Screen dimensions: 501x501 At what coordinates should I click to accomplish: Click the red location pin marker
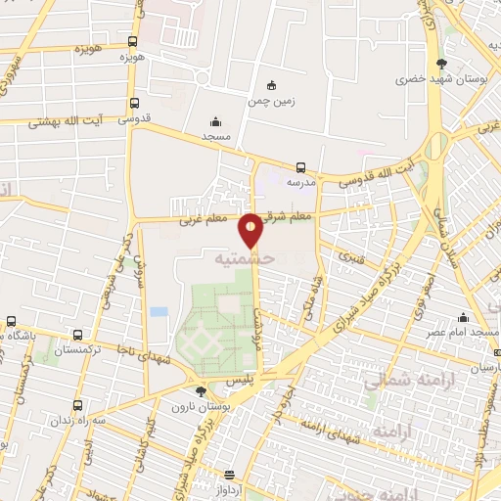[251, 229]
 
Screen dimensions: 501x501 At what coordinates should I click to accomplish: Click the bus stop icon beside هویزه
[133, 42]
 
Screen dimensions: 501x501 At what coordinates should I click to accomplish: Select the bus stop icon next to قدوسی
[133, 103]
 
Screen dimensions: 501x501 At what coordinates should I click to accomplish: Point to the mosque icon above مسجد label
[215, 122]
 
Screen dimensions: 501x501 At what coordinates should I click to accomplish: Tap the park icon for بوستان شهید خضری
[452, 61]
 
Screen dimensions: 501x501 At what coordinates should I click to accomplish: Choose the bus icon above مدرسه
[300, 168]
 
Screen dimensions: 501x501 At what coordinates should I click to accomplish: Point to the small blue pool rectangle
[159, 311]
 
